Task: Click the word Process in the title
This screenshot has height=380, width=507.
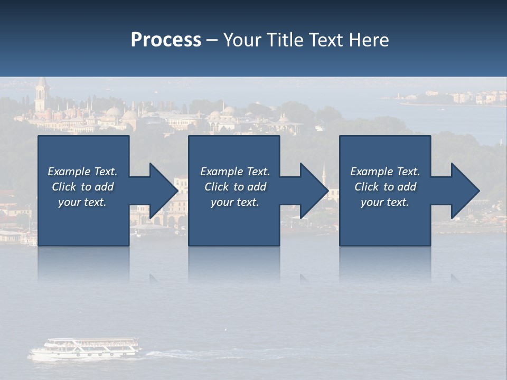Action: click(x=166, y=40)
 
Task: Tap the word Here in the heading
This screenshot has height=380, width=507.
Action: click(x=369, y=40)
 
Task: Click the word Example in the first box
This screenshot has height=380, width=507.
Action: click(x=69, y=172)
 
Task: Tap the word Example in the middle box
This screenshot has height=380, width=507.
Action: click(x=221, y=172)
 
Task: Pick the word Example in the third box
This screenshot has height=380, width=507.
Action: click(x=371, y=172)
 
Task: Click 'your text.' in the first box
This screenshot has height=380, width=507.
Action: click(x=82, y=202)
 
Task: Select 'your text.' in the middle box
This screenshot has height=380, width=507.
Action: click(x=235, y=202)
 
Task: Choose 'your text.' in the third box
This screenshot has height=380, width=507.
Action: click(x=385, y=202)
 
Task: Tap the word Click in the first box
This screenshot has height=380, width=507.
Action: click(x=64, y=187)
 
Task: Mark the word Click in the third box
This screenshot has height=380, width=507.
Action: click(x=367, y=187)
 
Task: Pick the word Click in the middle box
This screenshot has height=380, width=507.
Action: click(x=217, y=187)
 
